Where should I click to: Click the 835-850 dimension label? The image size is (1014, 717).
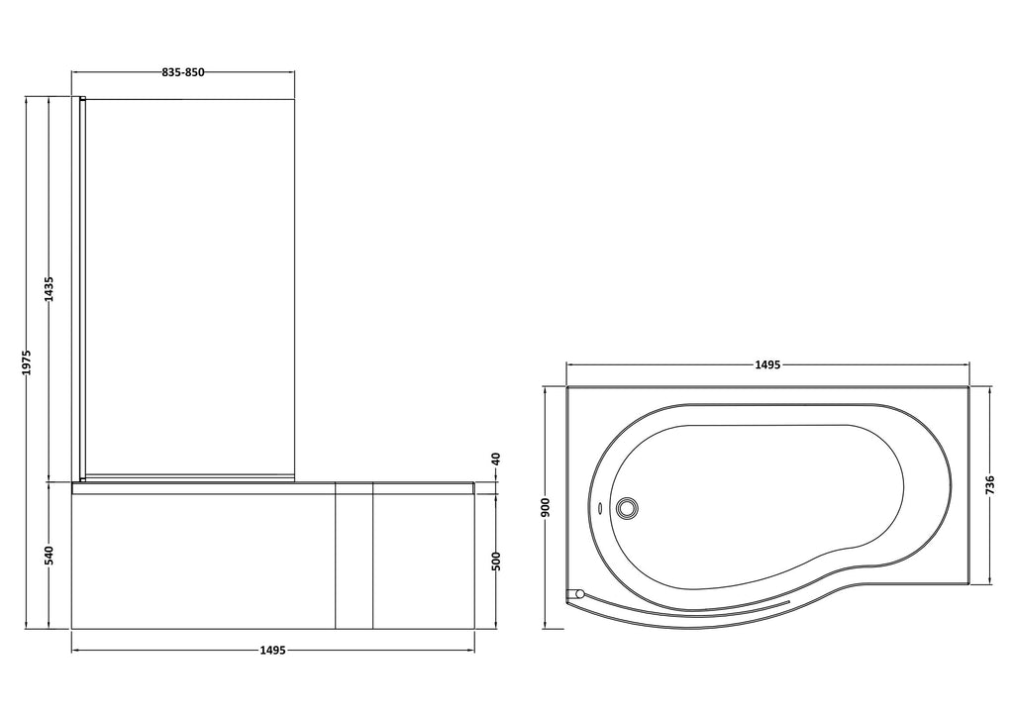pos(183,72)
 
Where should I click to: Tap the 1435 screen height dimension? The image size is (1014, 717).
pos(50,289)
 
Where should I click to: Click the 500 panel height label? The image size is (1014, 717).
pos(497,561)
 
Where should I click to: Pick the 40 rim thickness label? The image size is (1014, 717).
pos(497,460)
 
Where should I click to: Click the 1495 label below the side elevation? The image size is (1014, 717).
pos(272,651)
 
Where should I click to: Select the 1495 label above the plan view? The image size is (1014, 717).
pos(767,364)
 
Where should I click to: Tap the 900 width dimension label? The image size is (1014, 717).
pos(546,507)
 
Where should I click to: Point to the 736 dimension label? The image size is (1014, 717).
pos(990,485)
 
